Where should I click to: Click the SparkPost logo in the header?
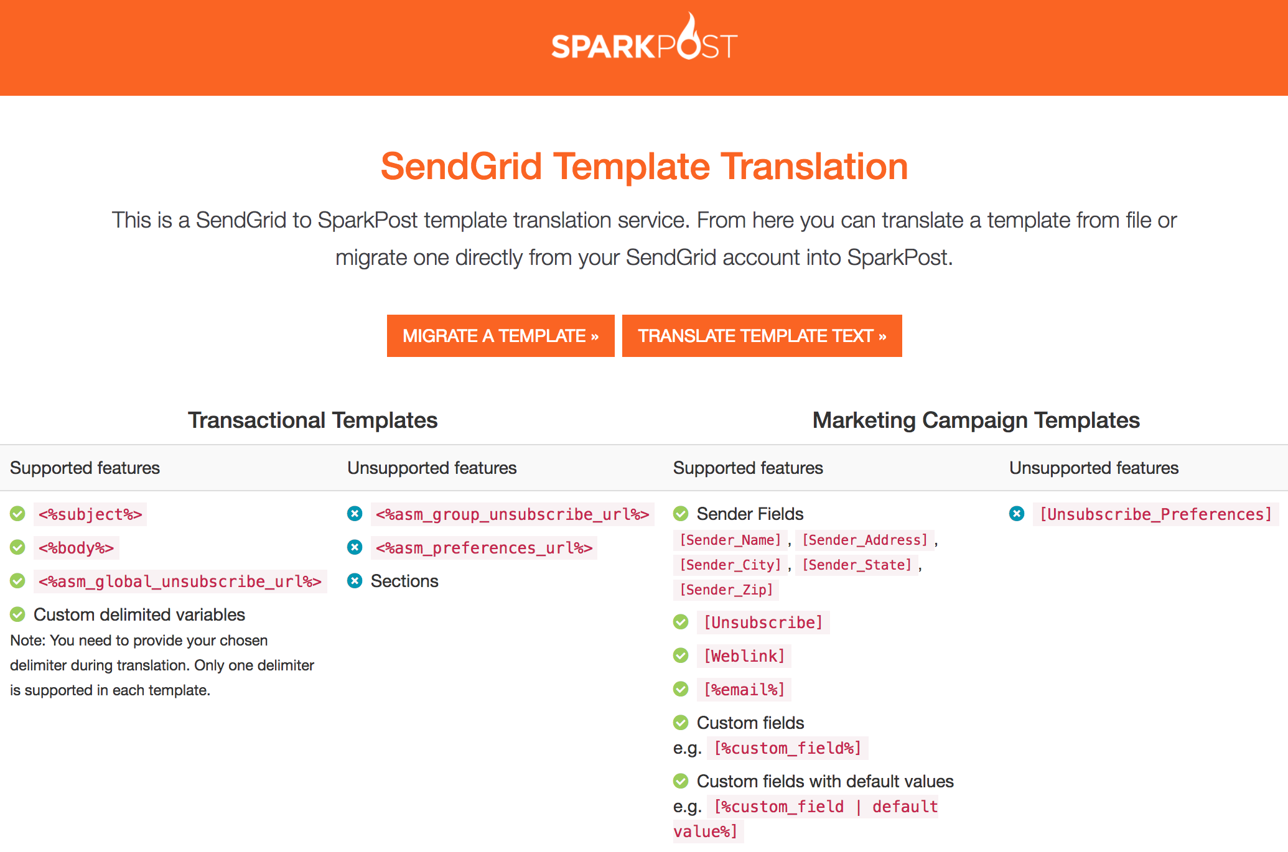644,40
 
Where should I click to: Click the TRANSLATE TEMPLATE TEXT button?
762,336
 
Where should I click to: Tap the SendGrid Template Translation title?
644,167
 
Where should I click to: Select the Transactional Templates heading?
312,420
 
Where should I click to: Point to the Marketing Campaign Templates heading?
976,420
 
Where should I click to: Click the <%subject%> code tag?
90,514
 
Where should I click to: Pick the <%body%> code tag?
76,548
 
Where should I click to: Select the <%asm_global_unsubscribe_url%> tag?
180,581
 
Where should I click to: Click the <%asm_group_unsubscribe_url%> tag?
512,514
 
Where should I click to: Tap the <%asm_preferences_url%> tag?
483,548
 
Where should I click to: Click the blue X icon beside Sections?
355,581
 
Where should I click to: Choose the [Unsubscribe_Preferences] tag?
1155,514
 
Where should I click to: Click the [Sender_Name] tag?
730,540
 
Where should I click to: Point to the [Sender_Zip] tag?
726,590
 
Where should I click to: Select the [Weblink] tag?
744,656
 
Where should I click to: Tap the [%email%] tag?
744,690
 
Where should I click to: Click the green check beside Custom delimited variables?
17,614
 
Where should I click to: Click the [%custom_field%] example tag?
787,748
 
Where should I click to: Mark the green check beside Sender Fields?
681,514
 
